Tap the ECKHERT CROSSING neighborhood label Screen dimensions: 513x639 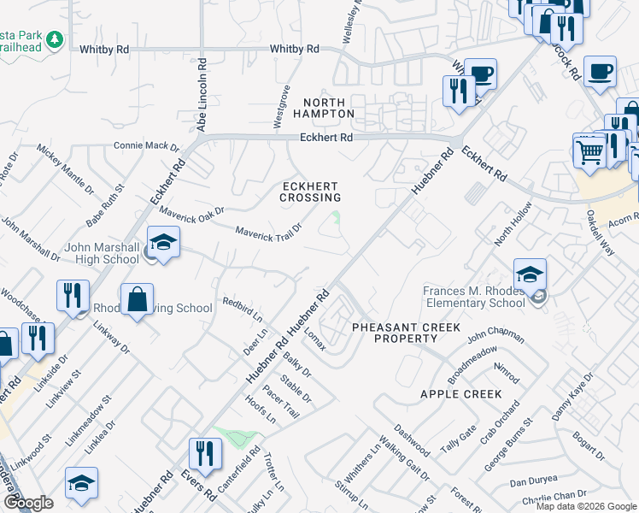click(310, 192)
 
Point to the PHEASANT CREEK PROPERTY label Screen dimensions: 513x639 click(406, 333)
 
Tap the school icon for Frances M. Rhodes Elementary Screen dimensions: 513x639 click(530, 274)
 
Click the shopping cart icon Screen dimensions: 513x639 click(589, 152)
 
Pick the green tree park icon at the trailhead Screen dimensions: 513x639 click(54, 40)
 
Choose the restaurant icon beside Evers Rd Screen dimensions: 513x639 click(204, 453)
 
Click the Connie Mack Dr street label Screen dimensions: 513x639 click(146, 146)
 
